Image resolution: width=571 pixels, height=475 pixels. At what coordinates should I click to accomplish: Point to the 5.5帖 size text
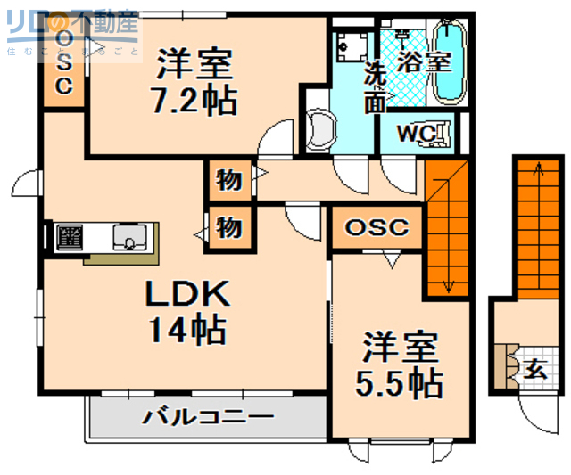399,383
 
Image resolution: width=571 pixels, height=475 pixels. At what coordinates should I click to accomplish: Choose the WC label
414,133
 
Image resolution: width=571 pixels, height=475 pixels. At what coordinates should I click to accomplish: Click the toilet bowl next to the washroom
319,127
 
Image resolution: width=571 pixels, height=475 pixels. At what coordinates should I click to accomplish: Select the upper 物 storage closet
229,180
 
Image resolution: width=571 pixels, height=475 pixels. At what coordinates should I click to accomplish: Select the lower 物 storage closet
229,227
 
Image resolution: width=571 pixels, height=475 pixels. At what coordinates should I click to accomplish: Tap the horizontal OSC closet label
377,227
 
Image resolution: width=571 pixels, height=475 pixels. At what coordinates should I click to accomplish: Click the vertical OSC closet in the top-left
64,62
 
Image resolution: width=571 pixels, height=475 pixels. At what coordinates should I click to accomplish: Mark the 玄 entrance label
534,368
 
